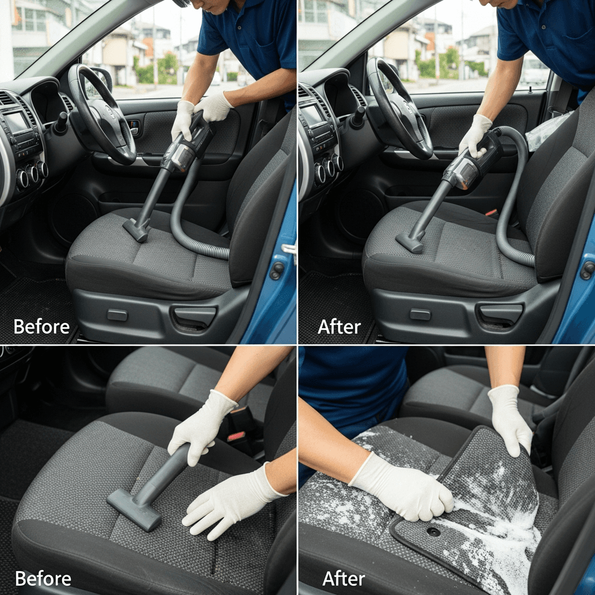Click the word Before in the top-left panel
point(41,327)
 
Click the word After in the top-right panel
point(339,327)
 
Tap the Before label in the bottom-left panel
point(43,579)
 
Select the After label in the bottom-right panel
point(343,579)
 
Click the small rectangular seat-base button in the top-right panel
point(420,314)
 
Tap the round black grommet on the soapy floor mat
point(432,532)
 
